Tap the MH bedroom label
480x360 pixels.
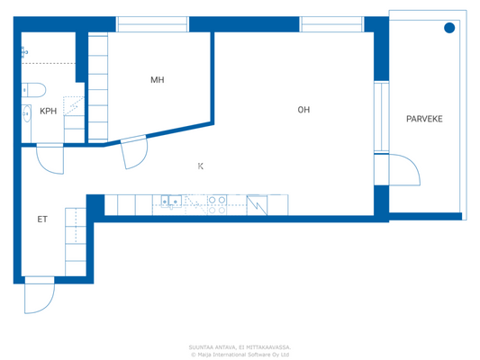(157, 80)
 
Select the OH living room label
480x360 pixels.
(303, 110)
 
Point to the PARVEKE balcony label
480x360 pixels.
(424, 119)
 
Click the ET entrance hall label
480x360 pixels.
(41, 219)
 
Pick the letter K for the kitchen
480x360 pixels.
(200, 166)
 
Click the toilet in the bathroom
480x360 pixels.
(34, 88)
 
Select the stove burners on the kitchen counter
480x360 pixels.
(217, 201)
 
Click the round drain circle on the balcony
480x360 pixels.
(449, 29)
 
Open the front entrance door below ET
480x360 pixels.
(39, 296)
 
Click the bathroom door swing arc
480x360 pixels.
(50, 159)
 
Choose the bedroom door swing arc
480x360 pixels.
(133, 153)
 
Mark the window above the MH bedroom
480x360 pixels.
(152, 23)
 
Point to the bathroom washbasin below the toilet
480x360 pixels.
(25, 113)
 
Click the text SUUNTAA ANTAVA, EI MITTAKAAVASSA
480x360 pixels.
(239, 346)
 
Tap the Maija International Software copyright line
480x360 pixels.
(239, 354)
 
